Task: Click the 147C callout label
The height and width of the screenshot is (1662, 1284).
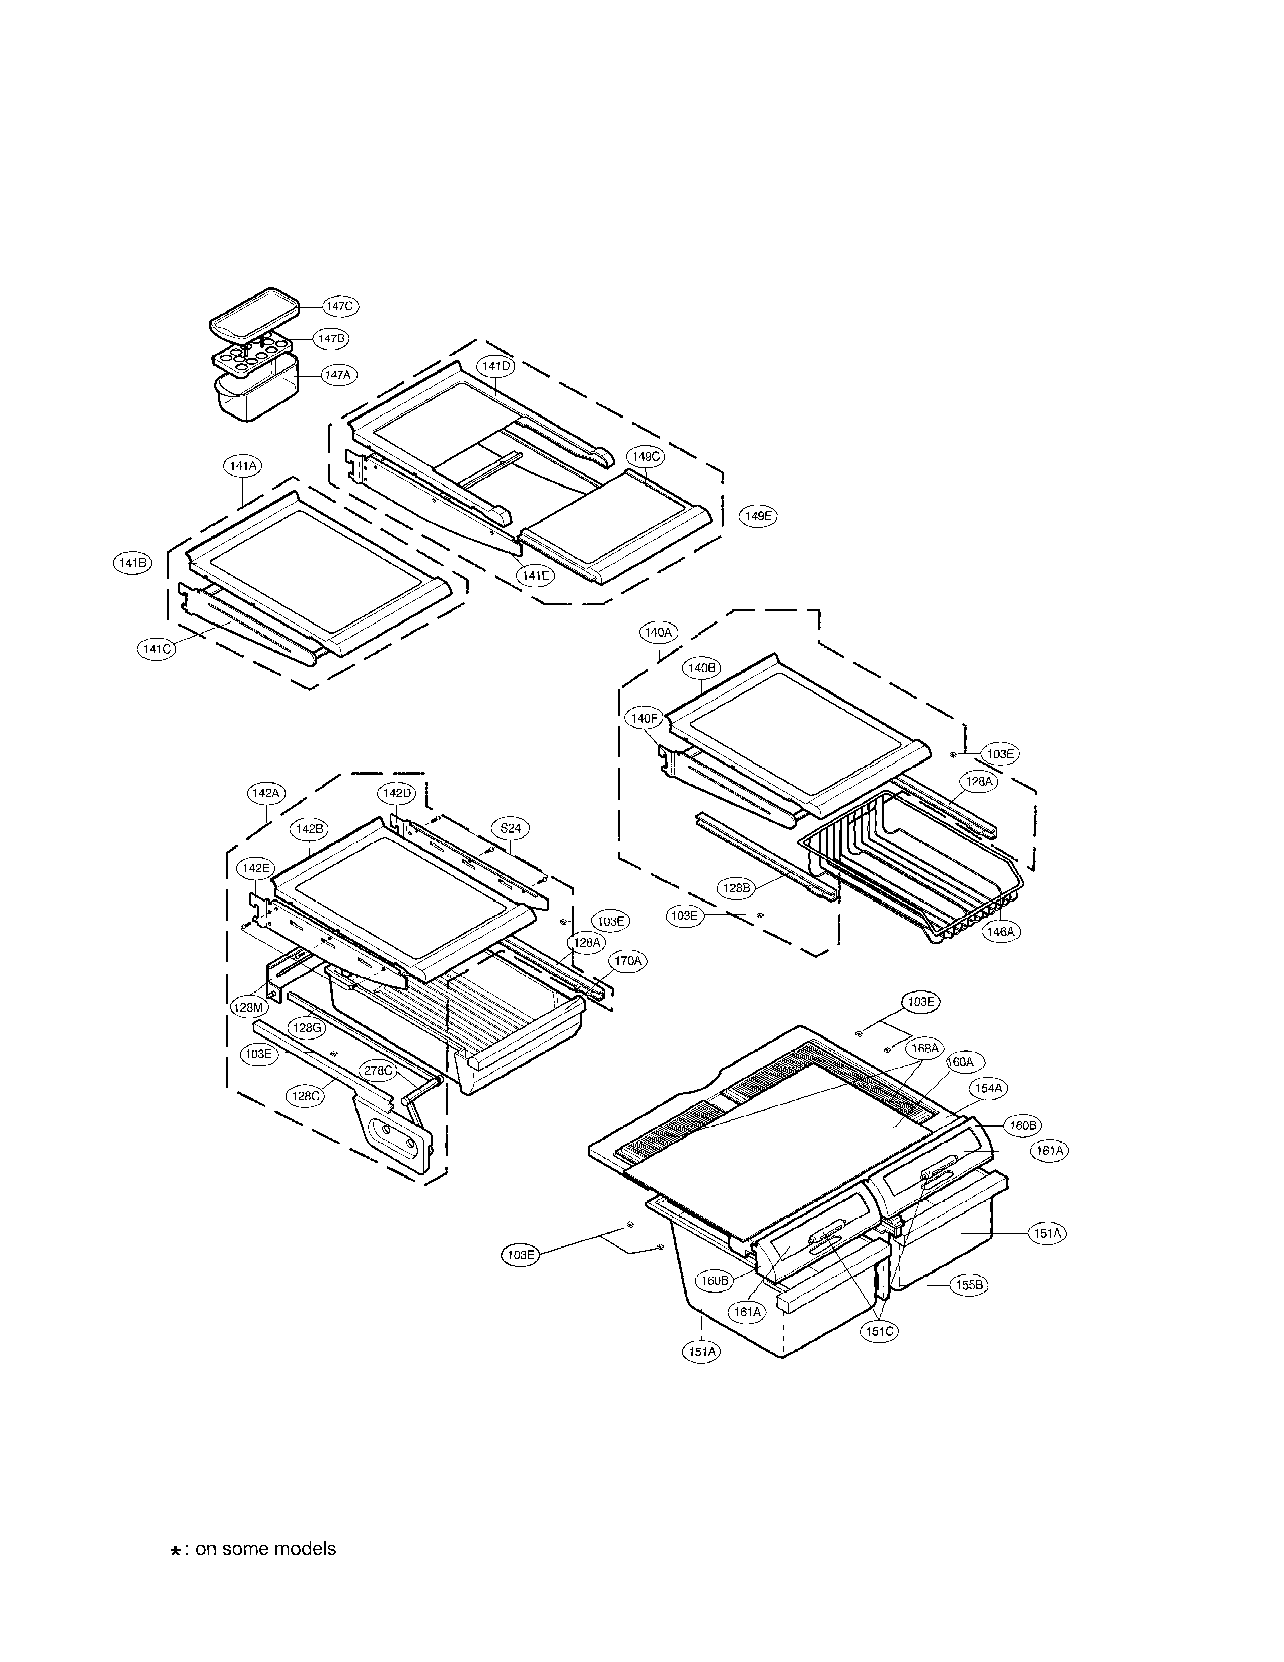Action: [x=338, y=306]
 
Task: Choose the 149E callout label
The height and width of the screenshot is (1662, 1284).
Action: [x=758, y=515]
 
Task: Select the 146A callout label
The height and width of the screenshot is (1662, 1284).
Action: [x=1001, y=931]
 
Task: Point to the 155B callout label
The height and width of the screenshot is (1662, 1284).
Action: [x=969, y=1285]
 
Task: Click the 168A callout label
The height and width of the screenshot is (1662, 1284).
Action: [x=924, y=1048]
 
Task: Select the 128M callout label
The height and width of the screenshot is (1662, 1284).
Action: [x=248, y=1007]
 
